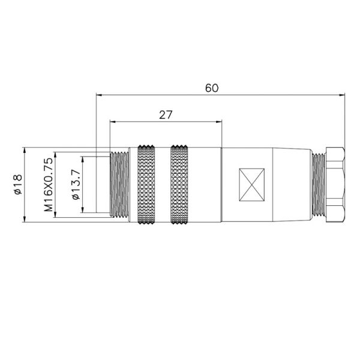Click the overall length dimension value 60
[211, 88]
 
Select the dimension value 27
[166, 115]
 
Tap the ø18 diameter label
[17, 184]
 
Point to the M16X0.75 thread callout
[49, 184]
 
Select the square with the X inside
[251, 184]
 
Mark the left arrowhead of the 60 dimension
[99, 94]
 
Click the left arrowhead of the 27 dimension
[113, 122]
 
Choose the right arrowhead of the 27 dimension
[219, 122]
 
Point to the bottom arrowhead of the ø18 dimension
[25, 220]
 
